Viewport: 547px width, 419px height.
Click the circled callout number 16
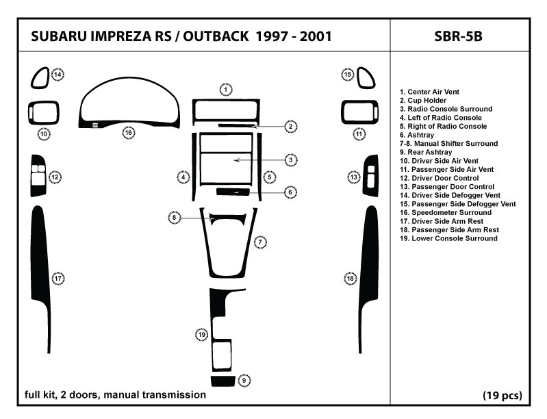[128, 132]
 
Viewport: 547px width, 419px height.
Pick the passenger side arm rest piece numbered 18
[370, 260]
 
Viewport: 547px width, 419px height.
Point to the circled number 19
[202, 334]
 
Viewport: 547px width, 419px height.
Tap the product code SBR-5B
[458, 36]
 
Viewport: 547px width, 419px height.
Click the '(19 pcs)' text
[503, 395]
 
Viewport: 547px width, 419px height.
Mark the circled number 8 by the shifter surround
[175, 218]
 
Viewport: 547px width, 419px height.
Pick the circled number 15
[348, 75]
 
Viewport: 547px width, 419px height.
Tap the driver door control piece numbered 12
[38, 178]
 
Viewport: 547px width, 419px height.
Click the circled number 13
[354, 178]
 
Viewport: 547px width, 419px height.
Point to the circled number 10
[43, 134]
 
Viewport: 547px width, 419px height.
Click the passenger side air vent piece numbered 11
[359, 112]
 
